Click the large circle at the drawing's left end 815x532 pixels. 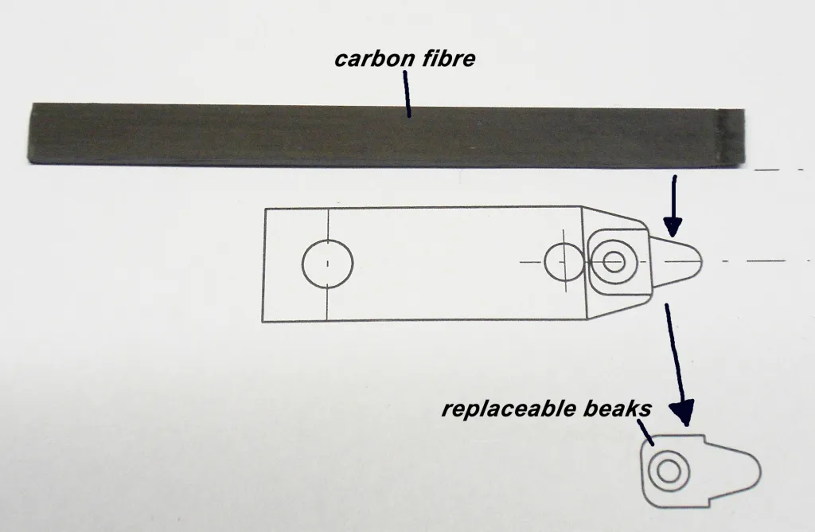point(328,262)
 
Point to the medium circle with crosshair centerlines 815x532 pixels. point(563,262)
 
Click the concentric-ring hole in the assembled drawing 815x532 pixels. point(614,261)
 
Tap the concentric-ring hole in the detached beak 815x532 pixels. point(669,471)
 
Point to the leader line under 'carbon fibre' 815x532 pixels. point(407,94)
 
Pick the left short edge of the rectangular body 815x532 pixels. point(264,263)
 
